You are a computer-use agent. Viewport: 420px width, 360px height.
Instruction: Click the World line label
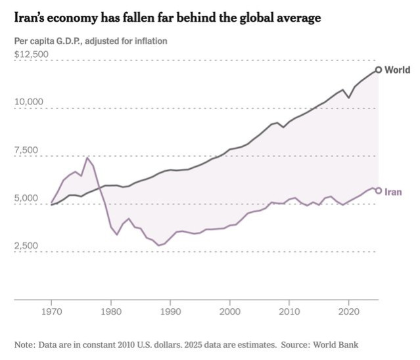pos(398,70)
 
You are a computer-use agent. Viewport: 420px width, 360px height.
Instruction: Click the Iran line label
pos(393,191)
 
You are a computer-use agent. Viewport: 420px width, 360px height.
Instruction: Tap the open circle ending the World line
pos(379,70)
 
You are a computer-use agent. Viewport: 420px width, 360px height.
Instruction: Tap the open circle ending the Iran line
pos(379,191)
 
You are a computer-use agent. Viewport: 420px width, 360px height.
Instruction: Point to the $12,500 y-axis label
pos(31,54)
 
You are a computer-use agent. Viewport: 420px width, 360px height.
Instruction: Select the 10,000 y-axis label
pos(28,102)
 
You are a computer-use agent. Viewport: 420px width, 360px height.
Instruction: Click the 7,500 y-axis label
pos(26,150)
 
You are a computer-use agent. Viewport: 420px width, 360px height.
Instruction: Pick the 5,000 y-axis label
pos(26,198)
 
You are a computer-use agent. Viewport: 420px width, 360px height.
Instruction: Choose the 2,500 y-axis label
pos(26,246)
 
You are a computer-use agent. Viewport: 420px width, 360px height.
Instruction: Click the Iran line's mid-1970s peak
pos(87,158)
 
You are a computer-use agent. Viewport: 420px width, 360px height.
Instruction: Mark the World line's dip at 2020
pos(349,98)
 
